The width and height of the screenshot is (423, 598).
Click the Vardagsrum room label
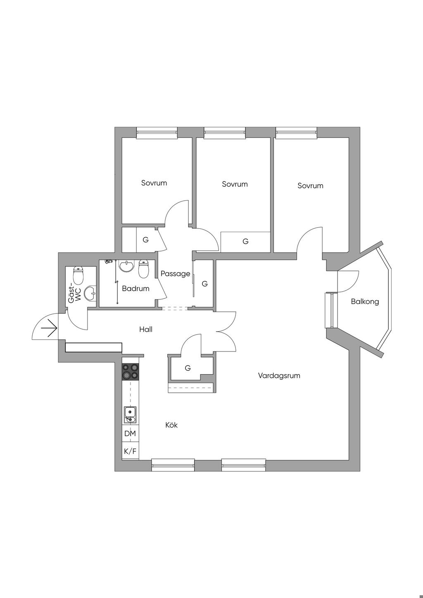(x=279, y=376)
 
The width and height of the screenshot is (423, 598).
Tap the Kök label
(x=171, y=425)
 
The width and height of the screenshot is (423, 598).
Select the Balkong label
(x=365, y=301)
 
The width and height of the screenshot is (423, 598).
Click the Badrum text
(x=135, y=289)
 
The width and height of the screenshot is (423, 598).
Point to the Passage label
(x=175, y=274)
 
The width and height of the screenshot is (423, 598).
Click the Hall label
(x=146, y=330)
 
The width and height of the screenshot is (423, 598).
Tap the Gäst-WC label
(x=74, y=294)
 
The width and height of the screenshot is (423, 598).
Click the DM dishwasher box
(x=130, y=434)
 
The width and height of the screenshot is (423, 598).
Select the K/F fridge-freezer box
(x=130, y=451)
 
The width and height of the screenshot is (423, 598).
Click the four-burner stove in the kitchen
(x=130, y=371)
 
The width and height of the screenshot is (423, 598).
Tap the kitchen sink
(x=131, y=415)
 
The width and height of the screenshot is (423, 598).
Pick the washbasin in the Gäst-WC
(x=90, y=294)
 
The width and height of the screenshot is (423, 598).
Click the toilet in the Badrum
(x=144, y=269)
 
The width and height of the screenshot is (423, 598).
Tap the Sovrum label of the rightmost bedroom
(x=310, y=186)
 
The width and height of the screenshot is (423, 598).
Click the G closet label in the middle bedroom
(x=245, y=242)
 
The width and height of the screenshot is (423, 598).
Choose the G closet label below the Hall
(x=188, y=368)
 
